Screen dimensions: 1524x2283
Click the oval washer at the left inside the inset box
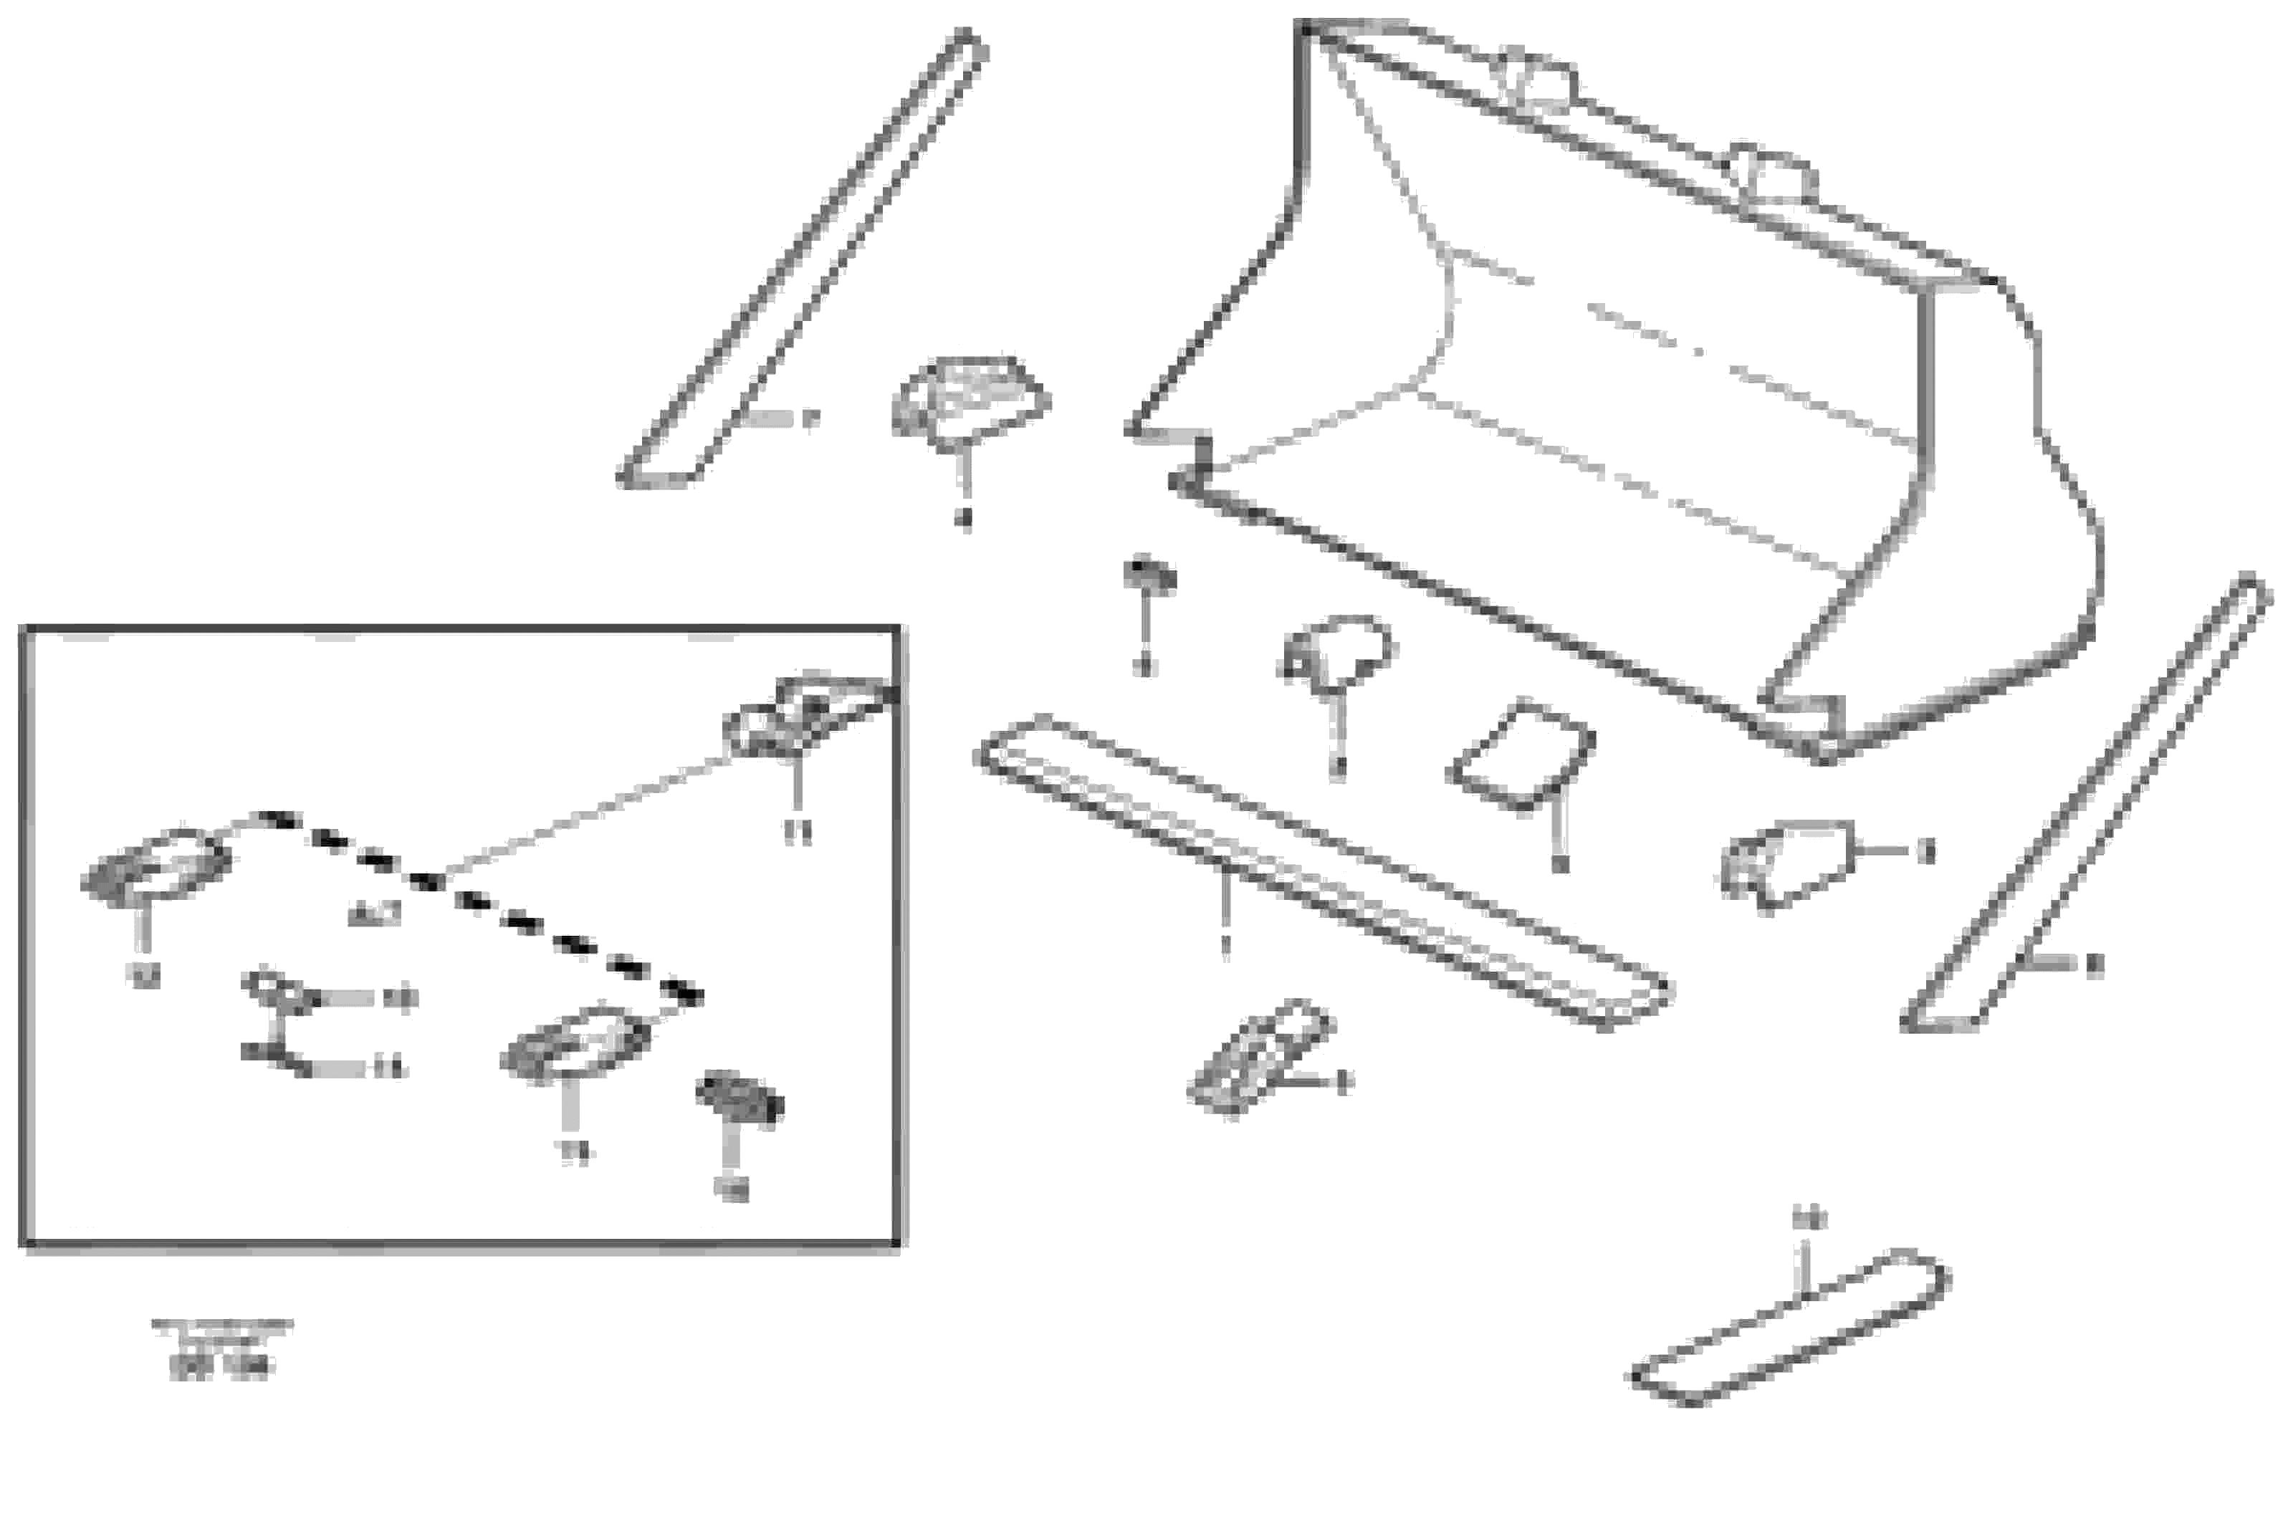coord(155,865)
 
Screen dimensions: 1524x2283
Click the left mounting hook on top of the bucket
coord(1536,78)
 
